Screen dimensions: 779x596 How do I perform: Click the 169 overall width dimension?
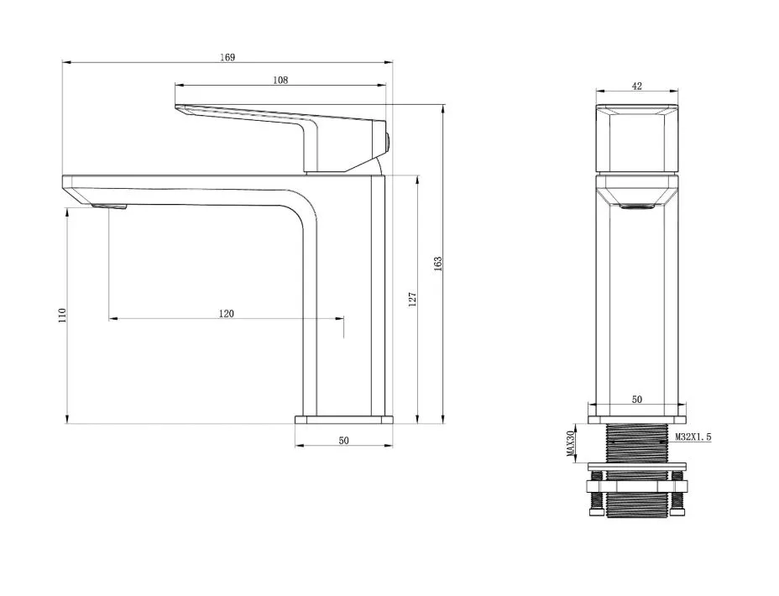click(x=227, y=57)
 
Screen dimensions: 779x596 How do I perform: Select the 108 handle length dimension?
click(x=280, y=80)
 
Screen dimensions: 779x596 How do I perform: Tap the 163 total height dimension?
click(x=437, y=264)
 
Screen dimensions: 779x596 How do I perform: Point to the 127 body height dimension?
click(x=412, y=300)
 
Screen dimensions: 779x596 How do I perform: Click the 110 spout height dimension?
click(x=61, y=316)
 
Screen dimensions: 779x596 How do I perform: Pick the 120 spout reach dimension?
click(x=226, y=313)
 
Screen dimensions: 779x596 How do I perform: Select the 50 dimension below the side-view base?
click(x=344, y=441)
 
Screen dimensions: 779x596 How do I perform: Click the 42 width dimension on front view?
click(x=637, y=86)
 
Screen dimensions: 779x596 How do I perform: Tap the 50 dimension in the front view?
click(x=637, y=400)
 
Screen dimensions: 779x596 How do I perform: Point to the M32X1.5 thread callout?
click(x=693, y=437)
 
